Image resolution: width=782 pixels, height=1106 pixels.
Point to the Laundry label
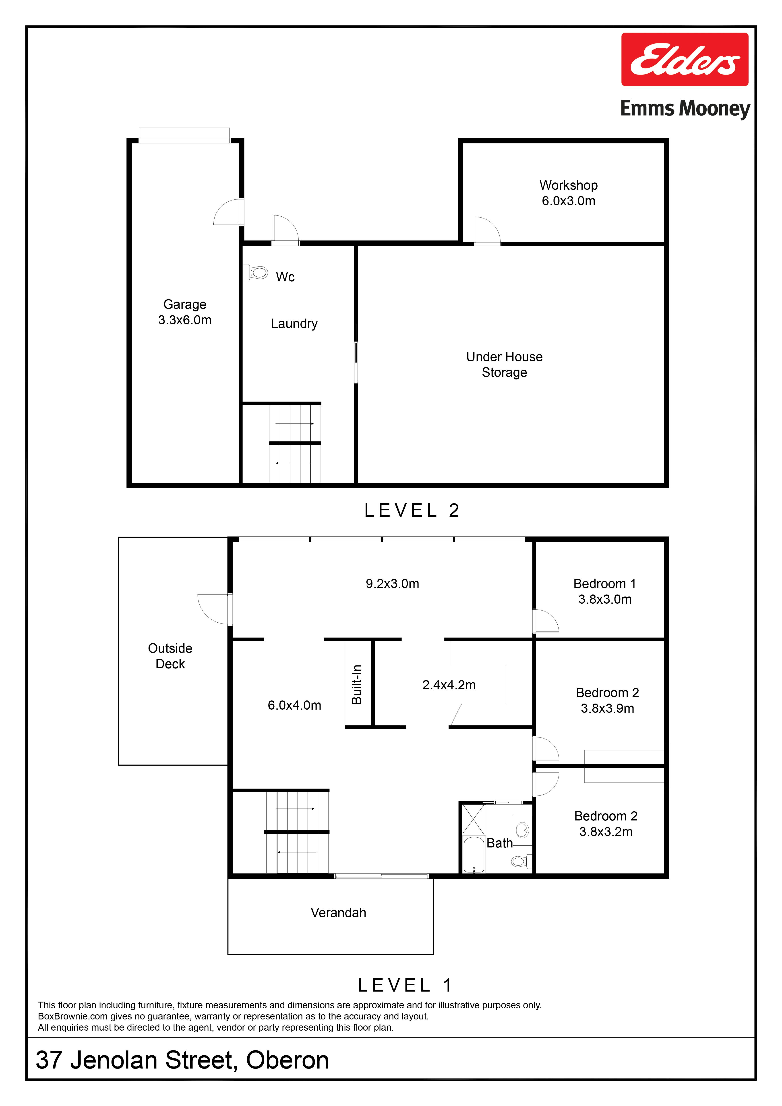[294, 324]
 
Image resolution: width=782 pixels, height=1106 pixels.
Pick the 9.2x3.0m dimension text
[392, 584]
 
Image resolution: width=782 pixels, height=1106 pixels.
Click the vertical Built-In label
[357, 685]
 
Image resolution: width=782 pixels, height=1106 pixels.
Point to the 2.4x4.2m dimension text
[449, 685]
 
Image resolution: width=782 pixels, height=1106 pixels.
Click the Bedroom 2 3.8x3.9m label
[607, 700]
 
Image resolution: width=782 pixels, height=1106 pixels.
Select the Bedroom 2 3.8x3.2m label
[606, 824]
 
